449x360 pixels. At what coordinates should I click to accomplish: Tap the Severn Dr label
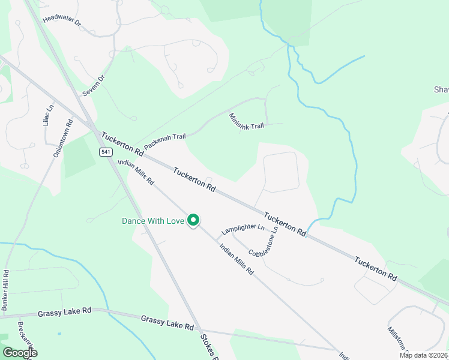pos(94,86)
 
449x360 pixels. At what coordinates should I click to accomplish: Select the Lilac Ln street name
pos(48,115)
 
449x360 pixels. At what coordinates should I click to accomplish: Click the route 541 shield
pos(106,152)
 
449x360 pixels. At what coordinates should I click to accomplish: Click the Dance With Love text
pos(152,221)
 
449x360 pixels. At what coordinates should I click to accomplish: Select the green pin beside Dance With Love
pos(193,221)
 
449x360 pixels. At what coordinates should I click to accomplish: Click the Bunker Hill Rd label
pos(5,290)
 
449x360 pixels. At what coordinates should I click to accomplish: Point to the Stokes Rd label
pos(208,346)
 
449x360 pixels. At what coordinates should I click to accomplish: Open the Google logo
pos(19,353)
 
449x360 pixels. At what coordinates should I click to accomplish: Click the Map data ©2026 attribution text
pos(423,355)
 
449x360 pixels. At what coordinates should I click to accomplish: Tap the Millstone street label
pos(397,339)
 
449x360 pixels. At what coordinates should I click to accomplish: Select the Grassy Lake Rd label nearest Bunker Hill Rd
pos(64,312)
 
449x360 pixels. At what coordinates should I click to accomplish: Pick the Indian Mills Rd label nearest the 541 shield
pos(136,172)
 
